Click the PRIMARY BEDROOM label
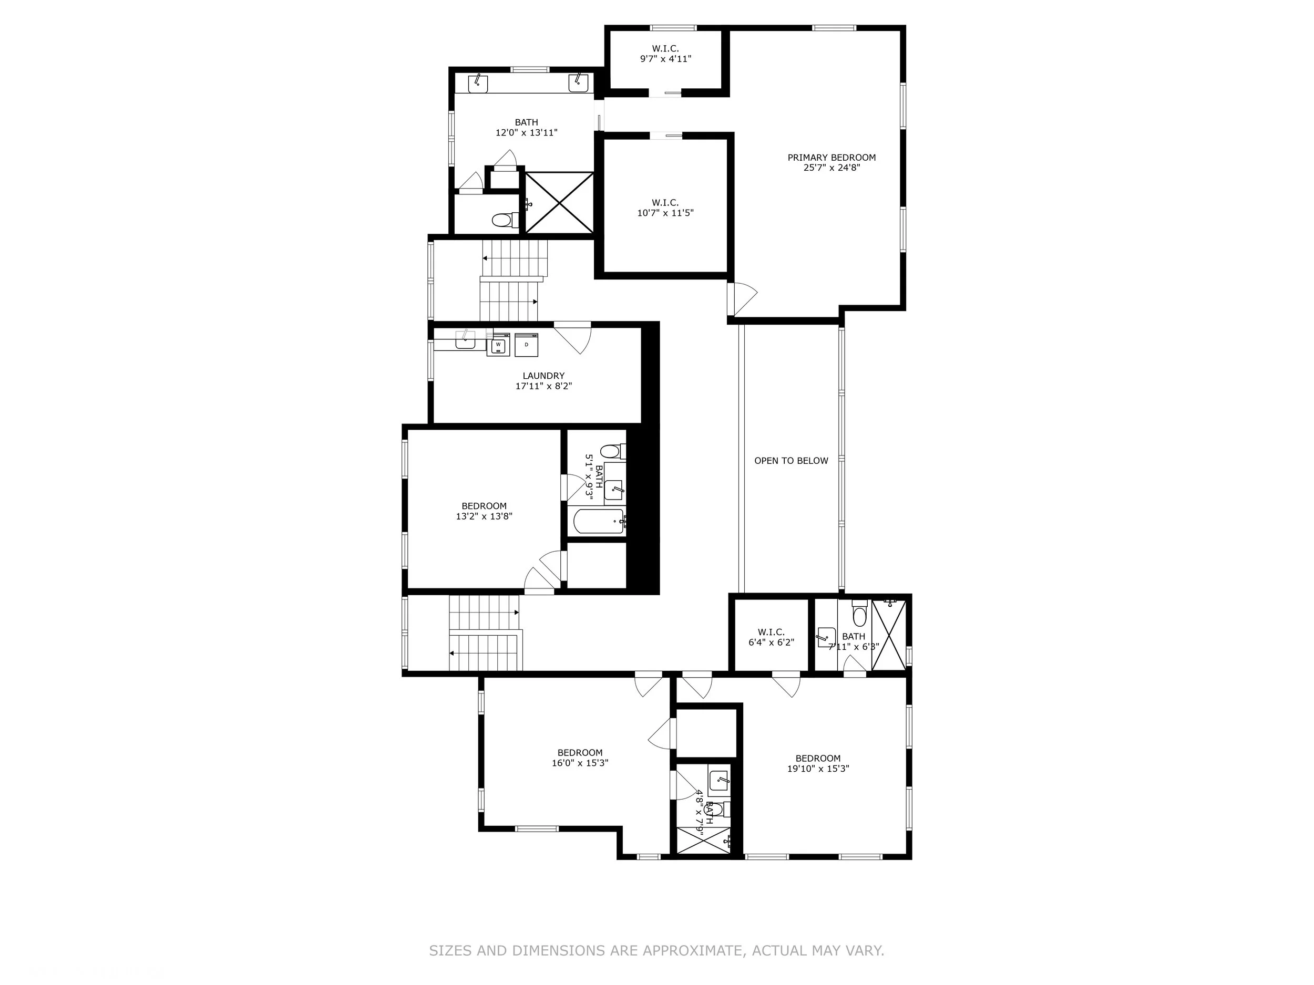point(831,158)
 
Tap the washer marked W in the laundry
point(498,345)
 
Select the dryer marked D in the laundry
point(526,345)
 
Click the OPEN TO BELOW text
point(791,461)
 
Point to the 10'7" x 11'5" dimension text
point(665,213)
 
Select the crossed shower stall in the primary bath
point(559,202)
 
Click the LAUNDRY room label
point(543,376)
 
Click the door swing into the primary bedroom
point(744,300)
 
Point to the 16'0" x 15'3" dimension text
point(579,763)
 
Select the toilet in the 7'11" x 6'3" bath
point(859,616)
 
